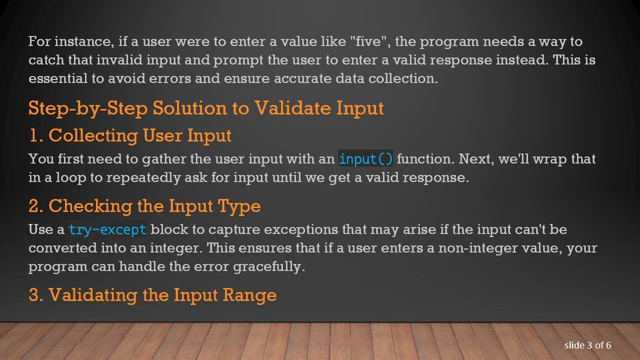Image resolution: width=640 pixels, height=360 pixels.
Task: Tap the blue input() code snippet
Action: [x=365, y=159]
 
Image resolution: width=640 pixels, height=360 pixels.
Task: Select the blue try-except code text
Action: [x=107, y=229]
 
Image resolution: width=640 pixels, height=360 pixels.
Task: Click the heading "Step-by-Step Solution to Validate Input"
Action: [x=206, y=108]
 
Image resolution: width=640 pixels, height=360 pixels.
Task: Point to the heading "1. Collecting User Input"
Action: [x=130, y=135]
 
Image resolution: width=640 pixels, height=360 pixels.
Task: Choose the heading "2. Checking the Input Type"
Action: [x=144, y=206]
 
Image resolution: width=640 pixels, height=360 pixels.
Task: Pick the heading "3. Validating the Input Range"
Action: [x=152, y=294]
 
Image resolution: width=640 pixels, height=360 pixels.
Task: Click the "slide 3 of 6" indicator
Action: [x=587, y=345]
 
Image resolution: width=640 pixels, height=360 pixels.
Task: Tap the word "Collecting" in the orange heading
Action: [x=93, y=135]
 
